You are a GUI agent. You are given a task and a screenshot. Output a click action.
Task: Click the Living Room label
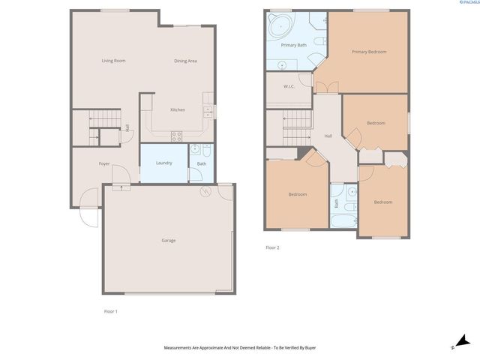tap(113, 61)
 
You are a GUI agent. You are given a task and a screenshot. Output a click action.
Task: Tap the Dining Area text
tap(185, 61)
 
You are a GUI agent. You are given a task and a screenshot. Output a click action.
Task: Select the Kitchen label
tap(178, 110)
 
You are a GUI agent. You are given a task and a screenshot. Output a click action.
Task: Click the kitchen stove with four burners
tap(177, 136)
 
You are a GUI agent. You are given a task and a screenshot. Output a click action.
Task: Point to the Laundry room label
tap(163, 163)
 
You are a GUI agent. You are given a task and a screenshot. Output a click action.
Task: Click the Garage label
tap(169, 241)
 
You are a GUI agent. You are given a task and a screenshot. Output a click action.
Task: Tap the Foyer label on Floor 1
tap(104, 163)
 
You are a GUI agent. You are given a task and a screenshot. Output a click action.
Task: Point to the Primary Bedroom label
tap(370, 52)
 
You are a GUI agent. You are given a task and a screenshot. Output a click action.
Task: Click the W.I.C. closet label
tap(289, 87)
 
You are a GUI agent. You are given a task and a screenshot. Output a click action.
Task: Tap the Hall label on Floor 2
tap(328, 136)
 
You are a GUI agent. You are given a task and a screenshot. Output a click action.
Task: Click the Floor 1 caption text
tap(111, 310)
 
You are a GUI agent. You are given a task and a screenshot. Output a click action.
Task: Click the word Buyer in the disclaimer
tap(306, 348)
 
